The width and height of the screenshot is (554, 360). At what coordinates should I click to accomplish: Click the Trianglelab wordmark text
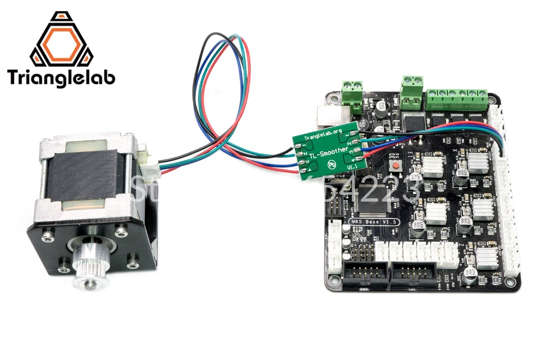click(x=61, y=77)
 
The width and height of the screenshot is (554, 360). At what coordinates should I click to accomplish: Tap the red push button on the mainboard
click(x=396, y=167)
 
